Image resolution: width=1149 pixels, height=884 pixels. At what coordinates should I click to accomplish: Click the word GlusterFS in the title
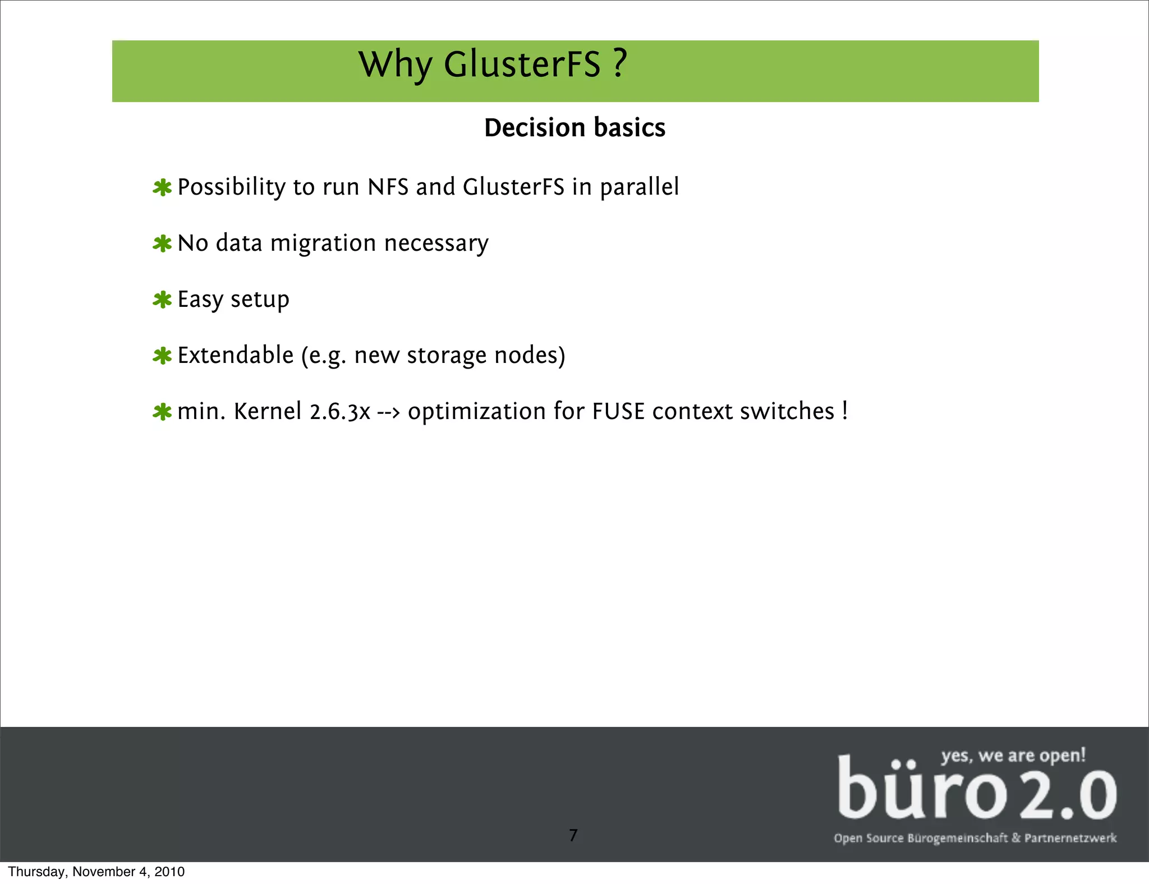(x=522, y=65)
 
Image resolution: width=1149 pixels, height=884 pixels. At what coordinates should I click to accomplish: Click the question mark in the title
(x=619, y=63)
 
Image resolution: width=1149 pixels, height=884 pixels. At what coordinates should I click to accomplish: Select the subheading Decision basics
(x=574, y=128)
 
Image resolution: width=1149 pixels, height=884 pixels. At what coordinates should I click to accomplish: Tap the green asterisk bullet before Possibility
(x=162, y=188)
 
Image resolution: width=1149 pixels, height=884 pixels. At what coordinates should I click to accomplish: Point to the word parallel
(x=639, y=187)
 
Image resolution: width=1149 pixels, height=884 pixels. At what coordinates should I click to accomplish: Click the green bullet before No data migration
(x=162, y=244)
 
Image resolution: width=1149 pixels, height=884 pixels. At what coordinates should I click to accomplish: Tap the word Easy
(x=200, y=300)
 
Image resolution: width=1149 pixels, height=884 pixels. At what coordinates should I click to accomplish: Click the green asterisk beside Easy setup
(x=162, y=300)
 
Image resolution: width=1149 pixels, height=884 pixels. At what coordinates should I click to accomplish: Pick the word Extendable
(x=236, y=356)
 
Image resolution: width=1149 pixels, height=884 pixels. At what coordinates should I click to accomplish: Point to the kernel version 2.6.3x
(x=340, y=412)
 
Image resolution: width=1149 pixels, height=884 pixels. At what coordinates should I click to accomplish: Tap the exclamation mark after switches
(x=844, y=411)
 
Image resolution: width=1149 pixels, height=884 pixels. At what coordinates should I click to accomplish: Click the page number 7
(x=573, y=835)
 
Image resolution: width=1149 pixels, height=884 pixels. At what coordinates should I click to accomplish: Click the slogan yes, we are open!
(x=1013, y=756)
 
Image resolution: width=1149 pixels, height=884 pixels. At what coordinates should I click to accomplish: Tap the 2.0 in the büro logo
(x=1068, y=795)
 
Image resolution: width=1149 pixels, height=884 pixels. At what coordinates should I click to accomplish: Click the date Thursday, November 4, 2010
(x=96, y=872)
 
